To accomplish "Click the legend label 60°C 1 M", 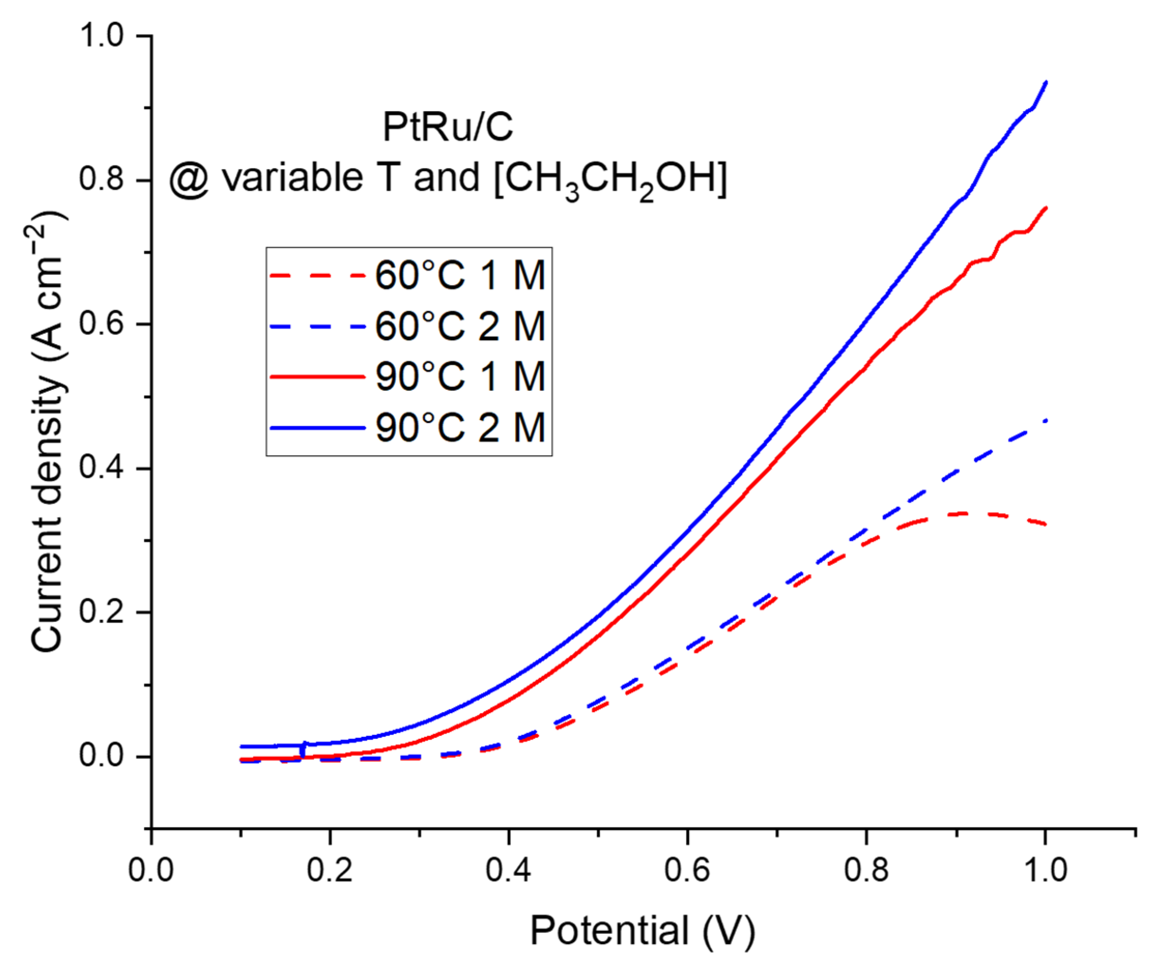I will (x=460, y=275).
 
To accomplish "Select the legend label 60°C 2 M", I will (x=460, y=326).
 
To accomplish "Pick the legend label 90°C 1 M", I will (x=460, y=377).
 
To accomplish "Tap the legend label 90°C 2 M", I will (x=460, y=427).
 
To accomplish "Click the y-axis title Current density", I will (x=48, y=432).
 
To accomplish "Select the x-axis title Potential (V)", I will (x=642, y=931).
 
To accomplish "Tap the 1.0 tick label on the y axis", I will (x=102, y=36).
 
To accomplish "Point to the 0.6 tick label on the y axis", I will (x=102, y=324).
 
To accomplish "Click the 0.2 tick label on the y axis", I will (x=102, y=612).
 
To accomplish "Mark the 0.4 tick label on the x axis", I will (x=508, y=870).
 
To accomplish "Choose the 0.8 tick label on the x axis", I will (x=866, y=870).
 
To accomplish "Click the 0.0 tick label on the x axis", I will (x=151, y=870).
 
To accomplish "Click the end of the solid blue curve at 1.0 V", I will (x=1045, y=82).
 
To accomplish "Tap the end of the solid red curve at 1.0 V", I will (x=1045, y=208).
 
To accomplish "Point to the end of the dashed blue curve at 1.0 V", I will (x=1045, y=421).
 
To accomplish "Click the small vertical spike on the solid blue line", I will (x=303, y=750).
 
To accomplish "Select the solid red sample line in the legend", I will (x=317, y=377).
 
